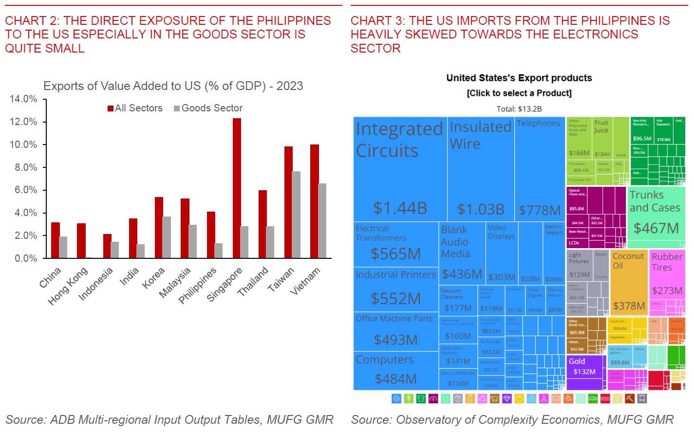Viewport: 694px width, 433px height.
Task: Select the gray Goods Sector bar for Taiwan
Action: click(296, 215)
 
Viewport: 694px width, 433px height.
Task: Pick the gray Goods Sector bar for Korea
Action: click(167, 237)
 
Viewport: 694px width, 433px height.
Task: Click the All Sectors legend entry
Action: click(135, 108)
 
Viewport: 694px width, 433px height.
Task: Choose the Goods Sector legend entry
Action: click(208, 108)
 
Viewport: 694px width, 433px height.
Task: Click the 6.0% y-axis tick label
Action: click(25, 190)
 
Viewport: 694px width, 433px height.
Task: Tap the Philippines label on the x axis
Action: click(197, 285)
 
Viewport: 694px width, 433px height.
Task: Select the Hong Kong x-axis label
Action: click(68, 286)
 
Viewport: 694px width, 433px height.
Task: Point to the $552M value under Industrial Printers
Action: click(395, 298)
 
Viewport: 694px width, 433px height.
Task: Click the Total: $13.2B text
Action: click(519, 109)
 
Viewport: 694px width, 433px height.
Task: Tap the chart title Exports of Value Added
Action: click(173, 86)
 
